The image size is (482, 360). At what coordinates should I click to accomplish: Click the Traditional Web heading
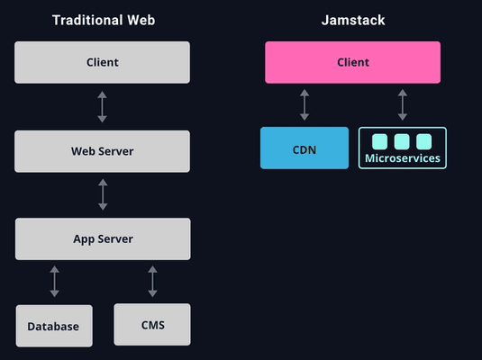coord(104,21)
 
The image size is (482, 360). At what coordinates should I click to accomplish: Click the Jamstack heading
coord(353,21)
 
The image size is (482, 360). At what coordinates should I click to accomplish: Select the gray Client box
coord(102,62)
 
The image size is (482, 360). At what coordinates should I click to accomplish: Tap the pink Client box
coord(352,62)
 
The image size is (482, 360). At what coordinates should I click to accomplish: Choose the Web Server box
coord(102,151)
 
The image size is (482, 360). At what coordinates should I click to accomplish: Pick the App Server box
coord(103,239)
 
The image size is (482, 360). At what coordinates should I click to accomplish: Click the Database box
coord(54,326)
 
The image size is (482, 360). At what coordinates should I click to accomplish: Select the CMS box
coord(152,325)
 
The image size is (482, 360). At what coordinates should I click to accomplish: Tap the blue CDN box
coord(305,148)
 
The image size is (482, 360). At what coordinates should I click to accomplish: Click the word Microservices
coord(403,158)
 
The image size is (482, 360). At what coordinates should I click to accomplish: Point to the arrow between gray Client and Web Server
coord(103,107)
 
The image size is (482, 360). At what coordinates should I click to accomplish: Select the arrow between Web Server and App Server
coord(103,194)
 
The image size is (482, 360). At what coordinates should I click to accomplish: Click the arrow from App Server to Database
coord(54,282)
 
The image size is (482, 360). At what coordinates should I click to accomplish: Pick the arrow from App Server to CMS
coord(152,282)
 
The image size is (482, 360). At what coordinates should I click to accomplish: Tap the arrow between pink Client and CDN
coord(305,104)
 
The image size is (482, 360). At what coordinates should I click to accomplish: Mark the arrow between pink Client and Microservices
coord(403,104)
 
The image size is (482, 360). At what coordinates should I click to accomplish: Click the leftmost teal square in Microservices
coord(379,141)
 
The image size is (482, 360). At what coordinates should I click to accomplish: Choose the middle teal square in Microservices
coord(402,141)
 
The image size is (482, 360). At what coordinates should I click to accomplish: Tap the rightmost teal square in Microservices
coord(424,141)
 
